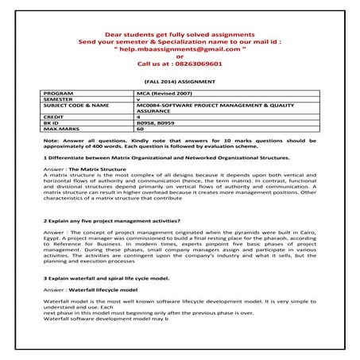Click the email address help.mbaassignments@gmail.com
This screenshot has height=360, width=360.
click(x=180, y=49)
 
